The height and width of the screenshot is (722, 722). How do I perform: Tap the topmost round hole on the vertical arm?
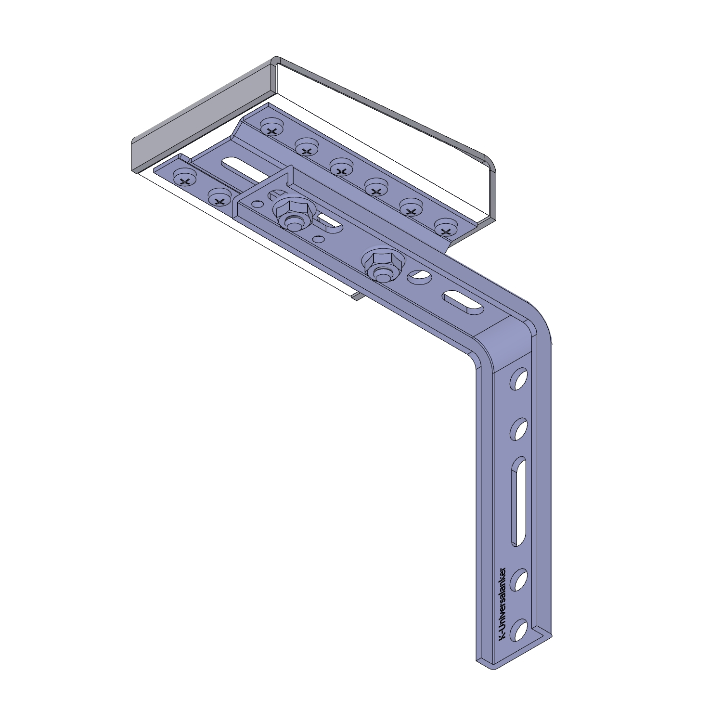[x=519, y=379]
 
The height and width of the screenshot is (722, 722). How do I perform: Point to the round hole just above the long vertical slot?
[x=519, y=429]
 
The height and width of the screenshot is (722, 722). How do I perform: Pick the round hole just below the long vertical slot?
[x=519, y=580]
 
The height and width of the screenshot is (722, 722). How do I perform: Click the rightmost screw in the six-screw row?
[x=446, y=228]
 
